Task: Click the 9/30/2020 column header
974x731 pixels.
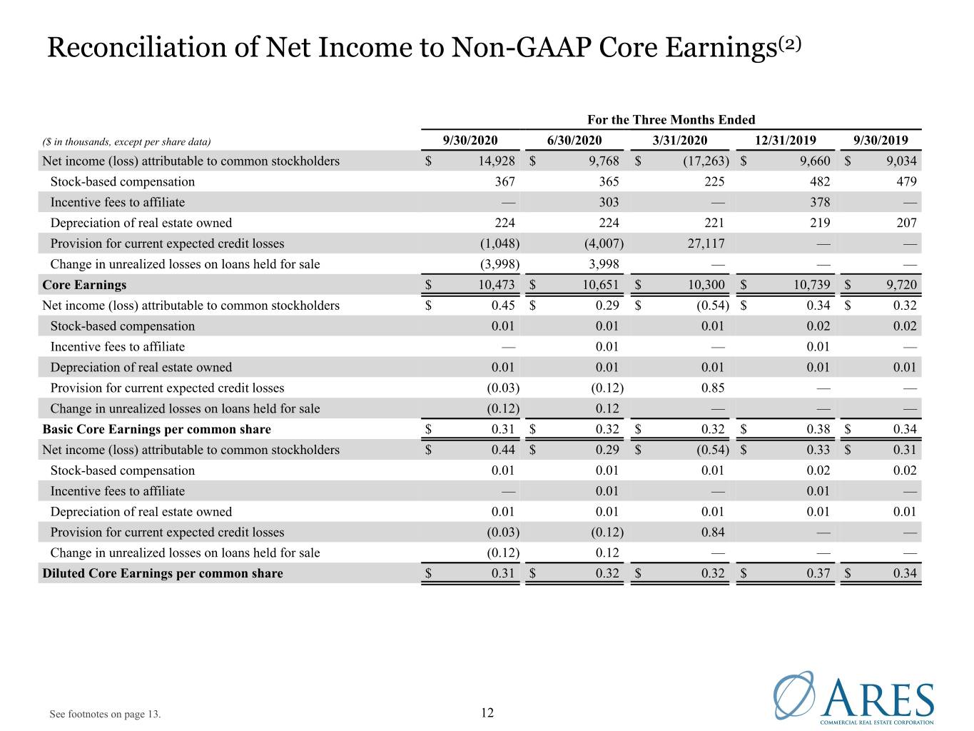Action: click(470, 140)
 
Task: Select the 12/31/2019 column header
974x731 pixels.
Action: click(786, 140)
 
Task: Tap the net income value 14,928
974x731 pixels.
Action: click(496, 161)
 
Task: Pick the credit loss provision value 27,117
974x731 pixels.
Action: click(706, 243)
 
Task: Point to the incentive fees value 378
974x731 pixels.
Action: click(820, 202)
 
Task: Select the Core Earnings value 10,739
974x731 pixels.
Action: click(811, 285)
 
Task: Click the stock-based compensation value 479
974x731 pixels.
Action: click(906, 181)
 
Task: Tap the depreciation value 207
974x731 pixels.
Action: click(906, 222)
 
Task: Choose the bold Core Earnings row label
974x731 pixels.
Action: click(84, 285)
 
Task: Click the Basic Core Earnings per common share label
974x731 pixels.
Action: click(157, 429)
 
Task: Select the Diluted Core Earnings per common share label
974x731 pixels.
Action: click(163, 573)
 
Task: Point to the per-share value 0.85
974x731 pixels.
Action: click(713, 388)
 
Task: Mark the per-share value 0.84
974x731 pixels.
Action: click(713, 532)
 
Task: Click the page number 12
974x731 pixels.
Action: click(487, 712)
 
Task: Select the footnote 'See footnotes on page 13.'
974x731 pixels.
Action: click(105, 714)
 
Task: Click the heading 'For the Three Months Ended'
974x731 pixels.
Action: click(671, 119)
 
